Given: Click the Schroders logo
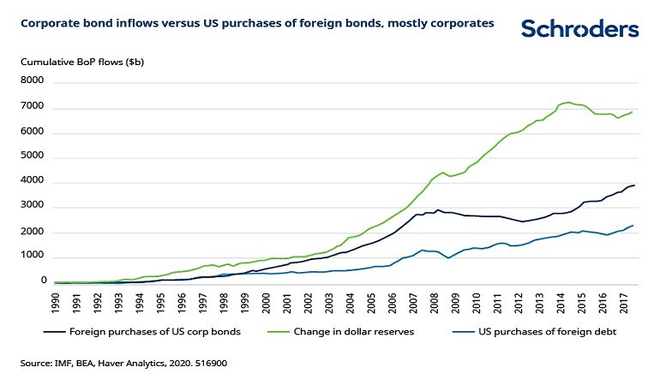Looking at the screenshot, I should pyautogui.click(x=579, y=28).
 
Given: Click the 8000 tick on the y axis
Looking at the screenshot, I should pyautogui.click(x=32, y=81).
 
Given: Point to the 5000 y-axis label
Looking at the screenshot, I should pyautogui.click(x=32, y=157).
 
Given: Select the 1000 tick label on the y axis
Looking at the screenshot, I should pyautogui.click(x=32, y=256).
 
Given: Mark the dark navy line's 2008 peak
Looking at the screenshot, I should pyautogui.click(x=439, y=210).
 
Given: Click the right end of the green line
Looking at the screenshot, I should pyautogui.click(x=633, y=111).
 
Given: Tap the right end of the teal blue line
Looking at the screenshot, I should pyautogui.click(x=633, y=225).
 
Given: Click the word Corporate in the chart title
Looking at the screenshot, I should pyautogui.click(x=48, y=24).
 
